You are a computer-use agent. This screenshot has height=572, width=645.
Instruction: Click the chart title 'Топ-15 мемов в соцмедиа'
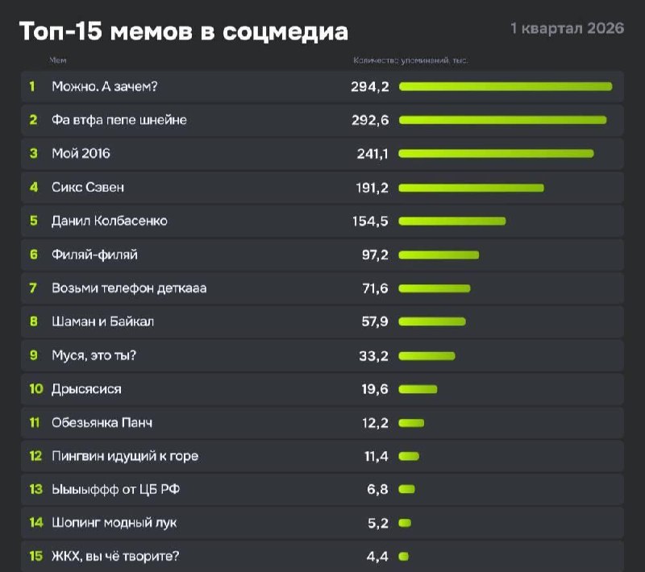point(184,31)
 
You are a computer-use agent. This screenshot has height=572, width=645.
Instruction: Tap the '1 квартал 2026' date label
point(568,28)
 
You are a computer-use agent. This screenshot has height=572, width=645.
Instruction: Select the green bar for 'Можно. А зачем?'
point(506,86)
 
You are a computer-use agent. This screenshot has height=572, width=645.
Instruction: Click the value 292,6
point(370,120)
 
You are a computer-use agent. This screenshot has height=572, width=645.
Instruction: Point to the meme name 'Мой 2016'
point(81,153)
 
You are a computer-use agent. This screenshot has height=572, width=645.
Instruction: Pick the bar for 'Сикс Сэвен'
point(472,187)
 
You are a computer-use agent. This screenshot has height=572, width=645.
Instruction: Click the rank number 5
point(34,221)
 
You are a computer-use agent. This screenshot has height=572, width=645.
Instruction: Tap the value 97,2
point(375,255)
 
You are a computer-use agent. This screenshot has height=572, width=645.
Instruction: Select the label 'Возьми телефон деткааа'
point(129,288)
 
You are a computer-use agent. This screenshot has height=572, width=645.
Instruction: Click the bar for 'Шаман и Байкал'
point(432,321)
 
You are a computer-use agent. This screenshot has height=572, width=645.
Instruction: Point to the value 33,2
point(374,355)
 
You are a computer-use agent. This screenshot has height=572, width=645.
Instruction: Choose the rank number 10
point(35,389)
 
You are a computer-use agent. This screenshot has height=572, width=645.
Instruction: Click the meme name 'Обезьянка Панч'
point(102,422)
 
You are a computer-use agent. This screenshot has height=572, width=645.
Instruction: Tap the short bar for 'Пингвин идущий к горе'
point(409,456)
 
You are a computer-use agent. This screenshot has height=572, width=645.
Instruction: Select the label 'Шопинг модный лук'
point(114,523)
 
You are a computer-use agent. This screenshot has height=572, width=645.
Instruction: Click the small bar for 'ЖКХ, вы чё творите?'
point(403,556)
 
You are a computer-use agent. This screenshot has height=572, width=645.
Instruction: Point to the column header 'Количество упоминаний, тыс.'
point(410,60)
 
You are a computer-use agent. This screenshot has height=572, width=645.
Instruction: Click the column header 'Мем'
point(57,60)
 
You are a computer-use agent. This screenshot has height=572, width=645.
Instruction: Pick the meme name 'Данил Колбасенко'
point(110,221)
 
